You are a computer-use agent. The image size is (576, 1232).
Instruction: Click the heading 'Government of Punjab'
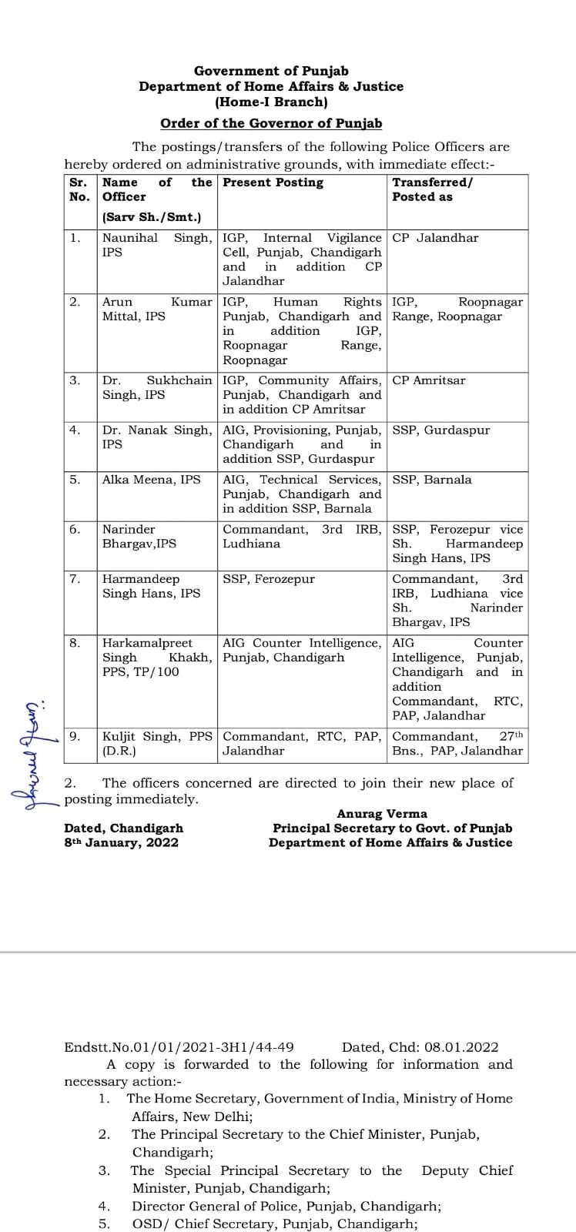(271, 72)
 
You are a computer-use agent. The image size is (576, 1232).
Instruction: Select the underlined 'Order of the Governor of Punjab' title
(271, 123)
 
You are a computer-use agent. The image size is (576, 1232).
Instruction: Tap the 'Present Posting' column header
(273, 182)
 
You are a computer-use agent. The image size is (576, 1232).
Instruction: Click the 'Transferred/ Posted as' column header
(432, 189)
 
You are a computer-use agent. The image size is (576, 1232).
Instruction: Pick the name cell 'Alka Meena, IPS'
(151, 480)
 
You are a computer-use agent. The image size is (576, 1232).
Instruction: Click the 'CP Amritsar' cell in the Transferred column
(428, 380)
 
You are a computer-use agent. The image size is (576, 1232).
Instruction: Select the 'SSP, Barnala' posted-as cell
(431, 480)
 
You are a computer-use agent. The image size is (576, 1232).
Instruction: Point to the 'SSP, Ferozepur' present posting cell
(269, 579)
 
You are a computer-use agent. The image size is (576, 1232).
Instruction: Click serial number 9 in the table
(75, 736)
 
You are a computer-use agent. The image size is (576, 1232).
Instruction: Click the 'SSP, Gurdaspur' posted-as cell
(440, 430)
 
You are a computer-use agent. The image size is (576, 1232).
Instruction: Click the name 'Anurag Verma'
(382, 814)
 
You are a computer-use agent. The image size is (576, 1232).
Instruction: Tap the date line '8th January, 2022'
(121, 842)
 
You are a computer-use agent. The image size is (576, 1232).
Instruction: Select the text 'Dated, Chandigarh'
(123, 829)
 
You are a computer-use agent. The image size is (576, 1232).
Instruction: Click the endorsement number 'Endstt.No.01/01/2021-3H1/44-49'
(179, 1047)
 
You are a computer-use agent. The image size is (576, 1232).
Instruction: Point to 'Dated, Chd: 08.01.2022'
(420, 1047)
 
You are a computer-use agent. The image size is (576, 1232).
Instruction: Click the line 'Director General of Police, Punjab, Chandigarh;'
(286, 1207)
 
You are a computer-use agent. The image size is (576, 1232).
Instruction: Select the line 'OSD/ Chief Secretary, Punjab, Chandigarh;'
(275, 1224)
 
